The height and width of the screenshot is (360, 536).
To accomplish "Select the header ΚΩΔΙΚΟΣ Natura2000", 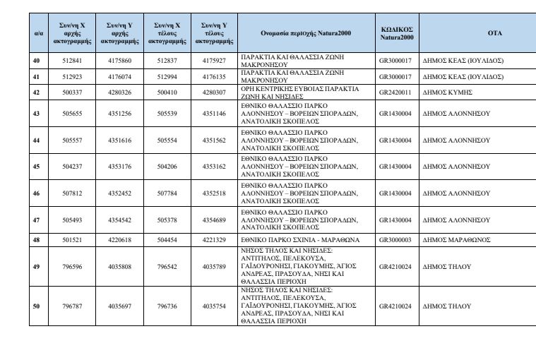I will (x=397, y=33).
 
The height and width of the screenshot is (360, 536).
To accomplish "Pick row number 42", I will (x=37, y=92).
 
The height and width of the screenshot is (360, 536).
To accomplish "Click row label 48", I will (x=37, y=240).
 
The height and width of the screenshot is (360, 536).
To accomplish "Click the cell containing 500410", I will (x=167, y=92).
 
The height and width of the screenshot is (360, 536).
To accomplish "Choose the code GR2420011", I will (x=395, y=92).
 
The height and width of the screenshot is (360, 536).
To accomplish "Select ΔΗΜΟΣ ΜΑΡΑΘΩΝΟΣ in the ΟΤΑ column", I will (x=454, y=240).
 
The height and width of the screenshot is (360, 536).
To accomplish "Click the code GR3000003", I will (x=395, y=240).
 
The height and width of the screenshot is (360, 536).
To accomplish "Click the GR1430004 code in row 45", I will (x=395, y=167).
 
